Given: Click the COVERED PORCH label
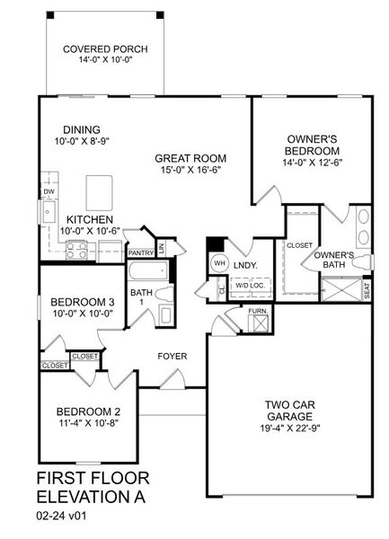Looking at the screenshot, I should pyautogui.click(x=106, y=49).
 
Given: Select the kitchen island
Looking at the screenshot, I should pyautogui.click(x=100, y=190).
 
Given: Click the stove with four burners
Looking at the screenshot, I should pyautogui.click(x=77, y=252).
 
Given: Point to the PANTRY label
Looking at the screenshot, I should pyautogui.click(x=140, y=253).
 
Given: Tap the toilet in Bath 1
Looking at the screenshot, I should pyautogui.click(x=165, y=293).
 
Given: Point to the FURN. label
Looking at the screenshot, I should pyautogui.click(x=258, y=311).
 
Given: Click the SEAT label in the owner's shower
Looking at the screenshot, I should pyautogui.click(x=367, y=290).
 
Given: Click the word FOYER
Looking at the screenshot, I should pyautogui.click(x=172, y=357).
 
